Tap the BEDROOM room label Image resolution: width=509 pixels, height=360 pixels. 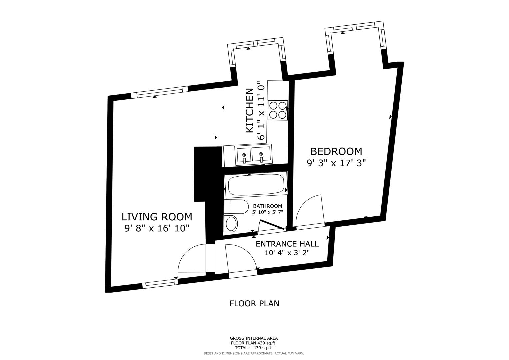pos(336,151)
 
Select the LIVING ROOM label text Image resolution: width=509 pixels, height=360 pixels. pos(157,217)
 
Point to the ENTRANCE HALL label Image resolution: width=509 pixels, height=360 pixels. pos(287,244)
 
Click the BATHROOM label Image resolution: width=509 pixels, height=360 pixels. pos(267,206)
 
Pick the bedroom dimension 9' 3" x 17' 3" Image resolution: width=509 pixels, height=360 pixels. pos(336,163)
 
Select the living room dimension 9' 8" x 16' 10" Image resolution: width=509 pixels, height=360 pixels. pos(157,228)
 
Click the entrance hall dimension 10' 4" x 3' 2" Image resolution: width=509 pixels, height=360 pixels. pos(287,253)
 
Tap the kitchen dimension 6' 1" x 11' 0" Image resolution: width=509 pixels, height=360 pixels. pos(261,111)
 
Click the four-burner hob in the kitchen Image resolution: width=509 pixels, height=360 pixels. pos(278,110)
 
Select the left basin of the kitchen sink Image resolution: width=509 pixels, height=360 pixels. pos(244,156)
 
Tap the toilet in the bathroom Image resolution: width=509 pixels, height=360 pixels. pos(236,207)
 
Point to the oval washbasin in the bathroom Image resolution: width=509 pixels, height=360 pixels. pos(231,223)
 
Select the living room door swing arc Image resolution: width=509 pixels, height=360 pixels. pos(192,259)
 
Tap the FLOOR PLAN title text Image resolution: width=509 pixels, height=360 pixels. pos(254,304)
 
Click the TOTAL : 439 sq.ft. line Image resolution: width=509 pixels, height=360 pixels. pos(254,348)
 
